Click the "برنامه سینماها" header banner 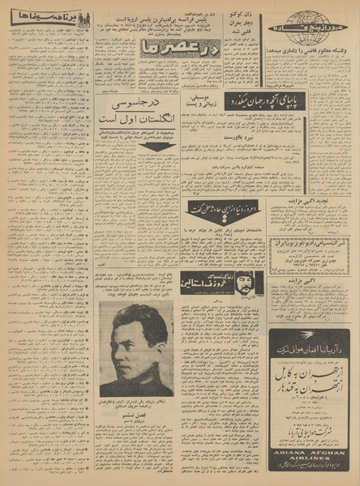pyautogui.click(x=49, y=17)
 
